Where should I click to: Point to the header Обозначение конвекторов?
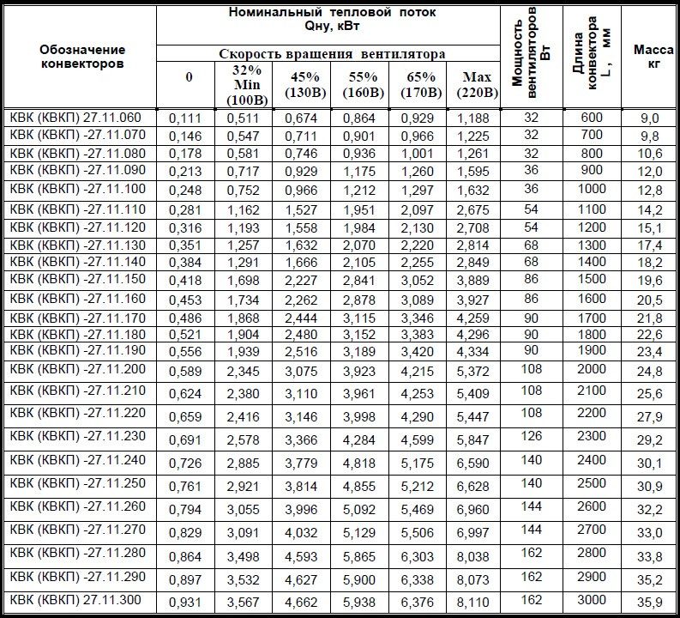[81, 57]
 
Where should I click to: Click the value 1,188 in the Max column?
[472, 118]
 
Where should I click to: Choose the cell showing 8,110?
[472, 603]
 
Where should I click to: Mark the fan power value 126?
[531, 437]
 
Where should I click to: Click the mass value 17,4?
[649, 245]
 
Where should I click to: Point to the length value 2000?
[592, 368]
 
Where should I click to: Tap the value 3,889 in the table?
[472, 281]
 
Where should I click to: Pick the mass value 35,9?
[649, 603]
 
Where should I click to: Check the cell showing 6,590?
[472, 463]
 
